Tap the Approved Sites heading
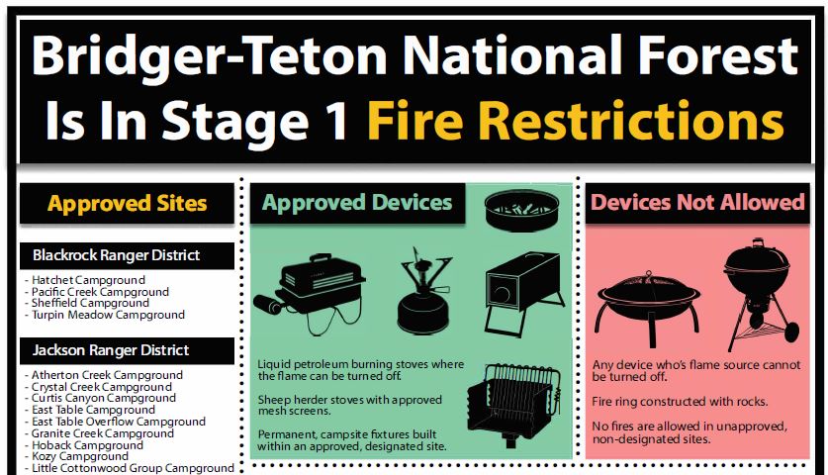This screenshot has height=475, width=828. coord(128,204)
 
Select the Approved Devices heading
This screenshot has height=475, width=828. coord(357,203)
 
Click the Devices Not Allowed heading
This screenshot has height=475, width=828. coord(697,203)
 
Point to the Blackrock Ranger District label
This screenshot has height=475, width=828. coord(116,255)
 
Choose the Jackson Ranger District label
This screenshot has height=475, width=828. coord(110,350)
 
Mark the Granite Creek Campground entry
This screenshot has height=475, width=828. coord(102,433)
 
